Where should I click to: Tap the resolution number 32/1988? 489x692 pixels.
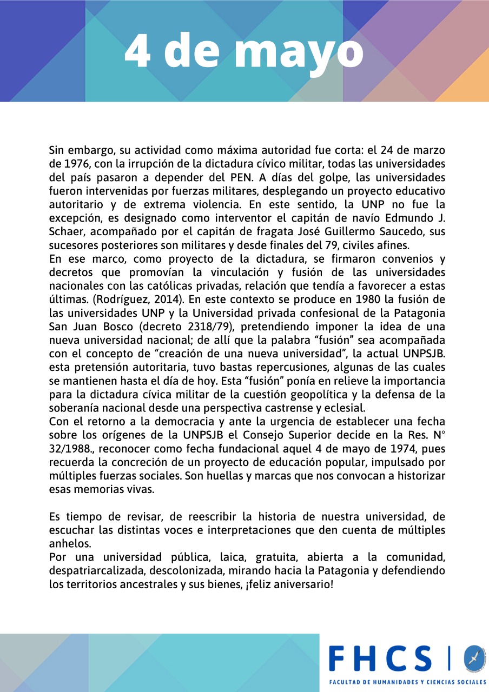(71, 449)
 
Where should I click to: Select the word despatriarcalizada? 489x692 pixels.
(96, 571)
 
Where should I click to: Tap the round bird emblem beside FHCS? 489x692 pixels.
(474, 657)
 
